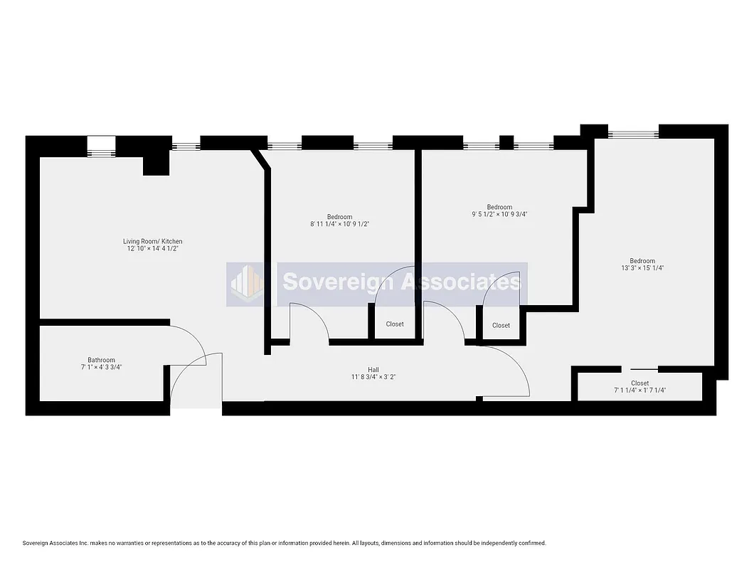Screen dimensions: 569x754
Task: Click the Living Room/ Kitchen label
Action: coord(152,242)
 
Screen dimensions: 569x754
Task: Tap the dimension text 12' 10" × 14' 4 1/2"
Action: coord(152,249)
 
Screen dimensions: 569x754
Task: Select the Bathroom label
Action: coord(101,360)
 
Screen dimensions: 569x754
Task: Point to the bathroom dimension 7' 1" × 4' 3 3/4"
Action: coord(101,367)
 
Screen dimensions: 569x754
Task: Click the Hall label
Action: coord(373,369)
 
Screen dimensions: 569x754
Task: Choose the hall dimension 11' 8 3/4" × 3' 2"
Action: coord(373,377)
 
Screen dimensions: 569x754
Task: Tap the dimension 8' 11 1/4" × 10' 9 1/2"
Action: coord(339,224)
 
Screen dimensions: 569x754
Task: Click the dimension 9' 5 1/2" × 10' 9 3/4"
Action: coord(499,214)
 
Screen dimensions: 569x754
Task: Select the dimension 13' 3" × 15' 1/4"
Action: coord(642,268)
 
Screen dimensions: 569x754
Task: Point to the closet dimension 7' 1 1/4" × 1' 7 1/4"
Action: coord(639,390)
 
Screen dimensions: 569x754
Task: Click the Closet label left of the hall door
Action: coord(395,324)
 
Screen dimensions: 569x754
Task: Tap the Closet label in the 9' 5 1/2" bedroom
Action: coord(501,326)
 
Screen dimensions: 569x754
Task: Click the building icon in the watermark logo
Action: coord(245,283)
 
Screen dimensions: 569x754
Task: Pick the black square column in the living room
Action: coord(155,164)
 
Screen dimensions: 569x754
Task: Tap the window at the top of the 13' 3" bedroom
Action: coord(633,132)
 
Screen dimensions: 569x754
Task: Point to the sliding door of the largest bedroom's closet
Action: coord(644,369)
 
